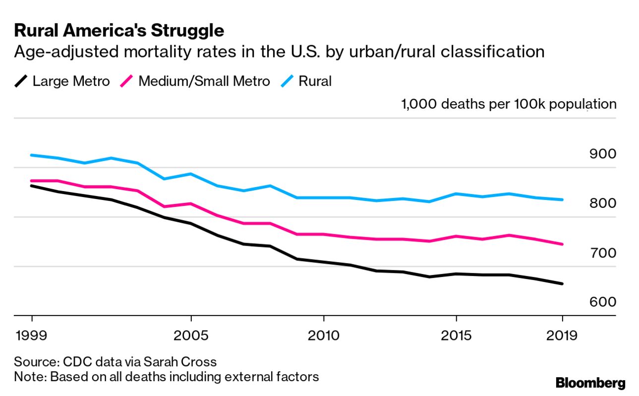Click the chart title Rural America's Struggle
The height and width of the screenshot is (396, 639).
(x=119, y=31)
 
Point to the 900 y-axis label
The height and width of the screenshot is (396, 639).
(x=603, y=154)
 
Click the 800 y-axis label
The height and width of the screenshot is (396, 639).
(x=603, y=203)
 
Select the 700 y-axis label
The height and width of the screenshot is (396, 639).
(x=603, y=253)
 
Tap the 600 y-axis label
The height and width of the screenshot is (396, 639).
(x=603, y=302)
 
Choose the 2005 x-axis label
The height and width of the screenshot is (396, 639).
(x=191, y=336)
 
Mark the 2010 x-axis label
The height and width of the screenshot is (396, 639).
(x=323, y=336)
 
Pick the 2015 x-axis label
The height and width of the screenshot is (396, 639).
(x=456, y=336)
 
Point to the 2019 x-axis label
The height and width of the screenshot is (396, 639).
(x=562, y=336)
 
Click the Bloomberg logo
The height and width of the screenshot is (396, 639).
(x=590, y=383)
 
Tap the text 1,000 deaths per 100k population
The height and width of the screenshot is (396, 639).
(x=509, y=104)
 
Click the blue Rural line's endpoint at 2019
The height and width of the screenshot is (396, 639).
(x=562, y=199)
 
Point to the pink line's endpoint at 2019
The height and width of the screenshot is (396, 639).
(x=562, y=244)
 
